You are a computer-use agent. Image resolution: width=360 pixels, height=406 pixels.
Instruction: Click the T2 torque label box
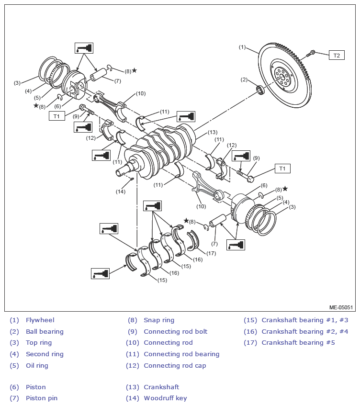(x=337, y=55)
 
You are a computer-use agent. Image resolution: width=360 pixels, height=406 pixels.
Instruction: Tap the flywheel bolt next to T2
(x=311, y=54)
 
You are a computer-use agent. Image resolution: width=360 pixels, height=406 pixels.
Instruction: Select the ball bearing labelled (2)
(x=260, y=90)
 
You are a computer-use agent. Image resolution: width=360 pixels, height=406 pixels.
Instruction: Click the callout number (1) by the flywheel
(x=242, y=47)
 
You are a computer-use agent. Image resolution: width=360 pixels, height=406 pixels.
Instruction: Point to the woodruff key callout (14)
(x=121, y=192)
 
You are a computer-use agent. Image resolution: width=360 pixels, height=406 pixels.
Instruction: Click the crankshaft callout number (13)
(x=213, y=132)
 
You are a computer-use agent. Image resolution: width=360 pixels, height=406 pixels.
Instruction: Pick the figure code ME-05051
(x=341, y=307)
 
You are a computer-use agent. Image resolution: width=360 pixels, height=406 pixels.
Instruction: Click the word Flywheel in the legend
(x=40, y=320)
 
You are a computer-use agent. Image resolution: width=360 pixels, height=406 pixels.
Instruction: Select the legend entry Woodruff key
(x=165, y=398)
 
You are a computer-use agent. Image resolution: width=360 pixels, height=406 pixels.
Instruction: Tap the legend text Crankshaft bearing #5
(x=298, y=343)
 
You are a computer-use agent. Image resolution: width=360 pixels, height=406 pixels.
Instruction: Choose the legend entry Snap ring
(x=159, y=320)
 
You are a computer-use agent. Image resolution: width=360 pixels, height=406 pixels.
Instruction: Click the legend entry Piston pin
(x=42, y=398)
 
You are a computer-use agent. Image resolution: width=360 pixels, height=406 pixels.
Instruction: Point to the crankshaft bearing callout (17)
(x=211, y=253)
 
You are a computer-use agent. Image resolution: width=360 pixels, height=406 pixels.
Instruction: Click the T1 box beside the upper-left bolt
(x=56, y=116)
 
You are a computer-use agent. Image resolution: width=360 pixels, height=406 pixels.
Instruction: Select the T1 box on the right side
(x=282, y=169)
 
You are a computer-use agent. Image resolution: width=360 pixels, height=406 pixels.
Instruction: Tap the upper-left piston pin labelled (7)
(x=99, y=74)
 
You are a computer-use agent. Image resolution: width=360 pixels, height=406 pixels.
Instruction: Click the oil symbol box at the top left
(x=84, y=48)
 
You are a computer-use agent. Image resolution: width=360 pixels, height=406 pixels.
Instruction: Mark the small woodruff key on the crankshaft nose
(x=131, y=179)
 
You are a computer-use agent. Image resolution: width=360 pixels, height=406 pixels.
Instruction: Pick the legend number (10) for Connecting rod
(x=132, y=343)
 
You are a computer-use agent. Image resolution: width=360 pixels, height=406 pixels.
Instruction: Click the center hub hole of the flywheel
(x=282, y=77)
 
